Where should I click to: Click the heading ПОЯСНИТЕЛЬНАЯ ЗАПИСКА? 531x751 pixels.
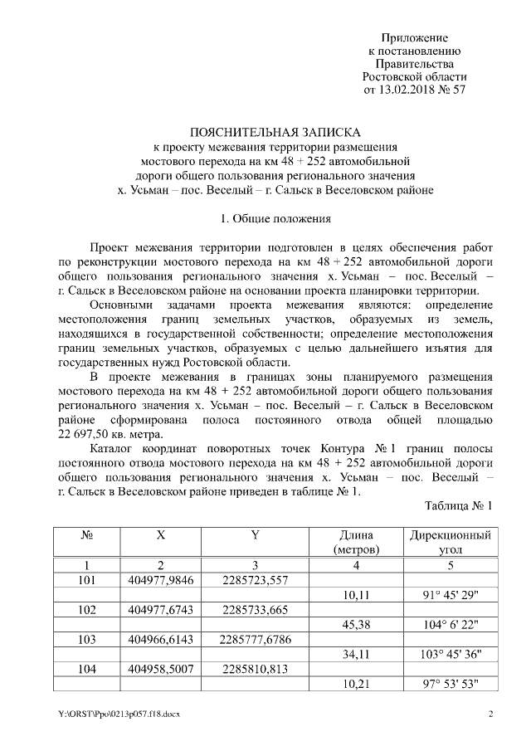(x=275, y=132)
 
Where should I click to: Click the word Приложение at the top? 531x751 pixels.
(x=414, y=38)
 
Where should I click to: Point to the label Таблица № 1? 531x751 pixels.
(x=459, y=505)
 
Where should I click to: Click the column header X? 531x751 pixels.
(x=161, y=535)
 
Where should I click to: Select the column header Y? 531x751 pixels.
(x=256, y=535)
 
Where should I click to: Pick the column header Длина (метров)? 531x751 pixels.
(x=356, y=542)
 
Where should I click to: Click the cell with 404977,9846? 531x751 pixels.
(x=161, y=579)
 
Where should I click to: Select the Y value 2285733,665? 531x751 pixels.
(x=256, y=610)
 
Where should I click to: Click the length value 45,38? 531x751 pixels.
(x=356, y=625)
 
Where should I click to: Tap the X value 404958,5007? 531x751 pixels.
(x=161, y=670)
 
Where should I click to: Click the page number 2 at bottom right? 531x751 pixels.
(x=490, y=714)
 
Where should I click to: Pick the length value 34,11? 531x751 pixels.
(x=356, y=655)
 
